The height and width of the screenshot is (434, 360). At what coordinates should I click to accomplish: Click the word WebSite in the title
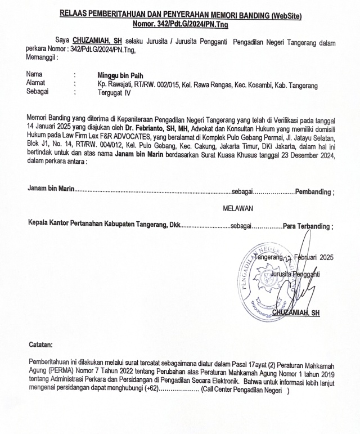click(286, 16)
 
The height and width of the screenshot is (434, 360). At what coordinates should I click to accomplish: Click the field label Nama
click(35, 74)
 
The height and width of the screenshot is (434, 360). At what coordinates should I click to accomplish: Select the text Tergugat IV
click(114, 92)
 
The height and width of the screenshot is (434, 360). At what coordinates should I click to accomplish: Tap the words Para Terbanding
click(307, 226)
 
